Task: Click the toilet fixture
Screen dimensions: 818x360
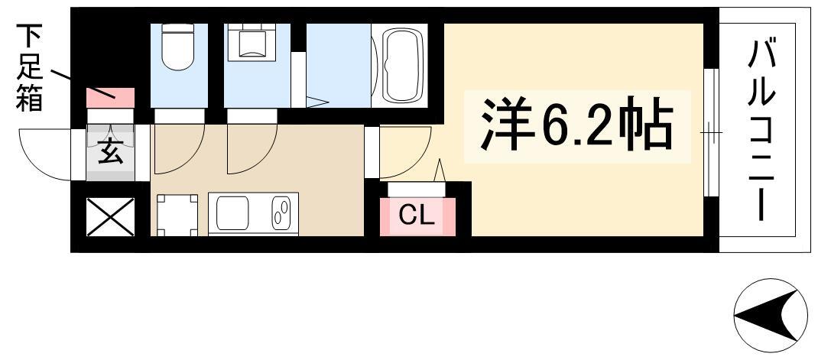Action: [178, 47]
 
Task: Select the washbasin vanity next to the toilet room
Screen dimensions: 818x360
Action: [252, 42]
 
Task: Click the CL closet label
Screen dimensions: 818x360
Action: [417, 216]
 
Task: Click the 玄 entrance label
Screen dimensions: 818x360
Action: [111, 153]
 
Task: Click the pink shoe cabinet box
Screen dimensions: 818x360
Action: [111, 98]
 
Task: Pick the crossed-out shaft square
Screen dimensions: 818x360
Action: [111, 217]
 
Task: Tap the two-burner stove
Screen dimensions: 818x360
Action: [281, 213]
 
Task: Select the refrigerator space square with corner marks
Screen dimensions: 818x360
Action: [177, 215]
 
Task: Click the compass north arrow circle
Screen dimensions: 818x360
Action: [771, 315]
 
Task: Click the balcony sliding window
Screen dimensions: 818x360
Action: [711, 132]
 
